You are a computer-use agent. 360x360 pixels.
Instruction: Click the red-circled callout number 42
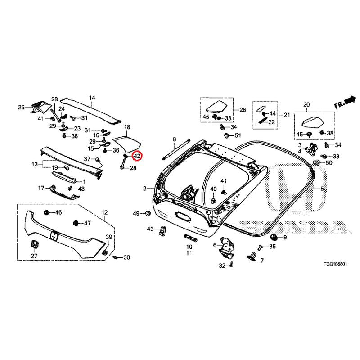(x=137, y=156)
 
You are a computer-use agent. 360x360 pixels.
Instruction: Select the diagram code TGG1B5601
(x=335, y=264)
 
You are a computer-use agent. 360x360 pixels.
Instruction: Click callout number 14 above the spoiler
(x=92, y=98)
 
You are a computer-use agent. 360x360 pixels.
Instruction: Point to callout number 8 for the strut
(x=175, y=139)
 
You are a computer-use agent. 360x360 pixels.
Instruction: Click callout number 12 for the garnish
(x=105, y=212)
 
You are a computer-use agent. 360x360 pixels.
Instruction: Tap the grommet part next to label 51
(x=227, y=135)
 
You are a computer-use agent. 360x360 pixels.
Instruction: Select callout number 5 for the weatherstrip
(x=322, y=189)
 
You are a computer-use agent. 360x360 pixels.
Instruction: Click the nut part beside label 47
(x=75, y=223)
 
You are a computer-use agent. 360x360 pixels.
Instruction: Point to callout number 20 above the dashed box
(x=306, y=105)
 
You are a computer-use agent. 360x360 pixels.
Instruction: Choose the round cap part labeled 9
(x=274, y=237)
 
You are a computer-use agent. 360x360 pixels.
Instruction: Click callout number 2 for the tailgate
(x=144, y=189)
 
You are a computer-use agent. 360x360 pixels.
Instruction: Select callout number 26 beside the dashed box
(x=243, y=110)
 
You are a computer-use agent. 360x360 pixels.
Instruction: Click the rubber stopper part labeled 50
(x=317, y=163)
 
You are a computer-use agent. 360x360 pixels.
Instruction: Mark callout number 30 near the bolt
(x=127, y=257)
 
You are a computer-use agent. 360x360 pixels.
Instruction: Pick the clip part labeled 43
(x=163, y=230)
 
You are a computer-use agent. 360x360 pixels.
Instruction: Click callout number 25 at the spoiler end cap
(x=21, y=107)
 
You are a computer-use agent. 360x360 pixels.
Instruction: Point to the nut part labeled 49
(x=148, y=213)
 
